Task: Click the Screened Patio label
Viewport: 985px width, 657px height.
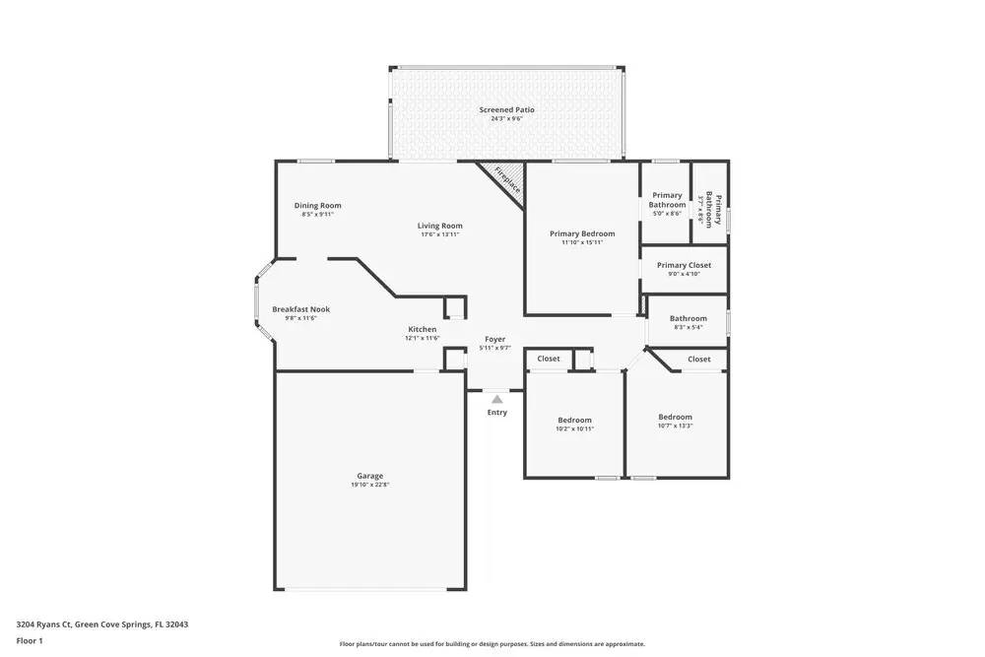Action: click(x=506, y=109)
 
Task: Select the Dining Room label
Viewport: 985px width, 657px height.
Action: click(x=317, y=205)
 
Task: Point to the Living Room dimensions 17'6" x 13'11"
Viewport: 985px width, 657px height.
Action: click(x=440, y=235)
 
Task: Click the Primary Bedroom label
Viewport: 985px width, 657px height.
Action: click(x=581, y=233)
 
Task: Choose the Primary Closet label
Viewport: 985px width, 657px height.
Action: click(x=684, y=265)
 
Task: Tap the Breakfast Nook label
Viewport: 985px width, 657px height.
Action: click(x=300, y=309)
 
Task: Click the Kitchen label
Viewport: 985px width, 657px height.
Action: click(x=422, y=329)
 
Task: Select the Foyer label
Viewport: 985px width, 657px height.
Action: click(x=494, y=339)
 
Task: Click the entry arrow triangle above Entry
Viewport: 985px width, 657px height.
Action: click(x=496, y=399)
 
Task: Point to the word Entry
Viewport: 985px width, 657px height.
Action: click(x=496, y=413)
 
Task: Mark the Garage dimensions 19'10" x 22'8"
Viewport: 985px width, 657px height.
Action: click(x=369, y=485)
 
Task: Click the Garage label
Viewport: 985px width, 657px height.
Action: click(x=369, y=475)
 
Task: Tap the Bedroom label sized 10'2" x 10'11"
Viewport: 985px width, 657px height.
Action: click(x=574, y=420)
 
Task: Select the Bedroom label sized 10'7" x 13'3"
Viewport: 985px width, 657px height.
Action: click(x=675, y=417)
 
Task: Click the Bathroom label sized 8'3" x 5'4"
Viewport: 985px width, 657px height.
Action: click(x=688, y=318)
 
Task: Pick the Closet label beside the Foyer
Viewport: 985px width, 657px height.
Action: click(x=549, y=359)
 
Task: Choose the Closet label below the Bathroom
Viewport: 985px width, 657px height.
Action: click(x=698, y=360)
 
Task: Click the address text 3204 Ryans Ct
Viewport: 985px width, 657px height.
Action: click(x=50, y=624)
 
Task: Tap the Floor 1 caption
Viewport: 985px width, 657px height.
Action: click(x=30, y=640)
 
